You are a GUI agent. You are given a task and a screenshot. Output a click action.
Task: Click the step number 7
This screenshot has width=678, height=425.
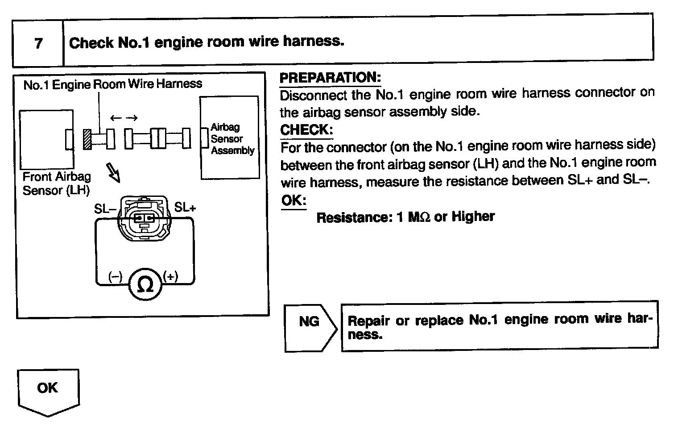click(x=38, y=43)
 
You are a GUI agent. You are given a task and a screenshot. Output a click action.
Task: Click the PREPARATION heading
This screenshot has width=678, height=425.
click(x=330, y=78)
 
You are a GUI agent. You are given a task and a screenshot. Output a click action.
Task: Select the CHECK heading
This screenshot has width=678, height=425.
click(x=306, y=130)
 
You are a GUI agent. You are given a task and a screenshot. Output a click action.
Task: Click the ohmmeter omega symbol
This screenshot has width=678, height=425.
click(x=145, y=284)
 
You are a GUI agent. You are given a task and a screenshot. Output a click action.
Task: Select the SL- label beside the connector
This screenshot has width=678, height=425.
click(x=105, y=208)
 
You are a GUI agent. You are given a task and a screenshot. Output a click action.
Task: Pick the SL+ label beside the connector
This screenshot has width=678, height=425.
click(x=185, y=207)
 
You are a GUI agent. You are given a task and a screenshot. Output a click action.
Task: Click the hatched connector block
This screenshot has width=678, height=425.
click(x=87, y=139)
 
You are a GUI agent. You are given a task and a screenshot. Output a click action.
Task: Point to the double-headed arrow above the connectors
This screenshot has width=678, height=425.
click(x=124, y=118)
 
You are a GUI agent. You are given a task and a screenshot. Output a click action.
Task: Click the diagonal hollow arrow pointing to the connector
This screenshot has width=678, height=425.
click(x=113, y=172)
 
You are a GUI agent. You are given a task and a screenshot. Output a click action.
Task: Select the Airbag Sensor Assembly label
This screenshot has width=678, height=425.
click(x=232, y=139)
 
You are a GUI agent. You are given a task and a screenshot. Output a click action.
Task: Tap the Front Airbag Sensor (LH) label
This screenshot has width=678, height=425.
click(x=56, y=183)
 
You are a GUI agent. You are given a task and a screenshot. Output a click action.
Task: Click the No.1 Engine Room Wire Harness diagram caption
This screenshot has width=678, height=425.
click(x=112, y=84)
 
